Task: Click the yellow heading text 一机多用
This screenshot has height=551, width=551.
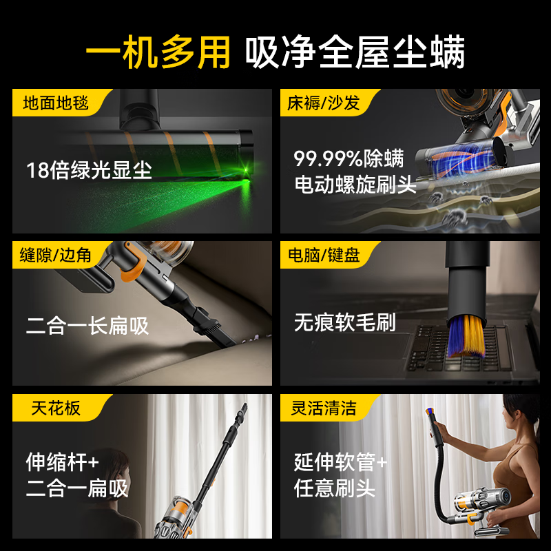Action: tap(157, 53)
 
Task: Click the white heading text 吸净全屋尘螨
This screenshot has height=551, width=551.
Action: tap(355, 53)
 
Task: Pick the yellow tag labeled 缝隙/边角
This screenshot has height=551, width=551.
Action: tap(56, 256)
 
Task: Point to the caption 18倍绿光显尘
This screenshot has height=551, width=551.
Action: tap(89, 170)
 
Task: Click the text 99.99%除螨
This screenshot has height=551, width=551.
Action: tap(349, 158)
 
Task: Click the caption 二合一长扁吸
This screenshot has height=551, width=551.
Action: tap(87, 325)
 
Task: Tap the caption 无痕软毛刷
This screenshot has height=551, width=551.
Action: tap(345, 322)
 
